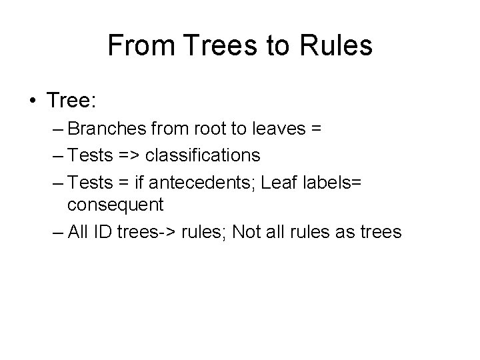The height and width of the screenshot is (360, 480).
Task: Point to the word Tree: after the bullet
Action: [x=72, y=101]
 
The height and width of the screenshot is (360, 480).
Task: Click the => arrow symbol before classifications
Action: [x=127, y=155]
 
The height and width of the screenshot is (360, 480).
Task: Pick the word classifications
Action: [x=203, y=155]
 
